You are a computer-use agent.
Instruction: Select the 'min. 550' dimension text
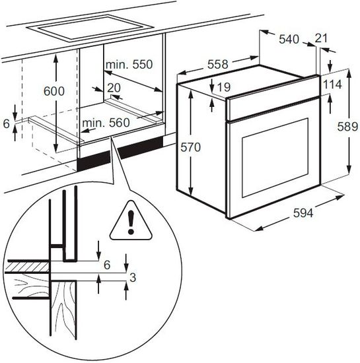(x=129, y=65)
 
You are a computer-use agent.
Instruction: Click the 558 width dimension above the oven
(x=217, y=64)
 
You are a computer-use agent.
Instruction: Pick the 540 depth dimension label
(x=289, y=39)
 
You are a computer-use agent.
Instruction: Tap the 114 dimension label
(x=333, y=84)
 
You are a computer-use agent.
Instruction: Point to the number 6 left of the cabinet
(x=6, y=123)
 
